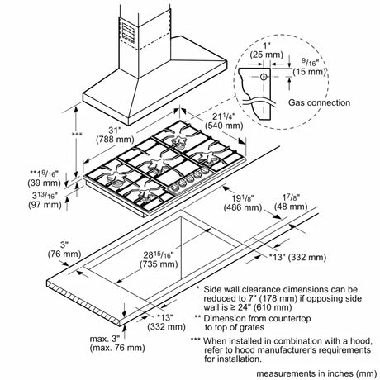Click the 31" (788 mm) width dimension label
(115, 135)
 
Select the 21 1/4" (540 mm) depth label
(224, 121)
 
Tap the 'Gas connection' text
(319, 102)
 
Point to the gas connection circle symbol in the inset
(264, 77)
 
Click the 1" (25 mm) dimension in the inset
(266, 50)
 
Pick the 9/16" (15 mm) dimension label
(309, 67)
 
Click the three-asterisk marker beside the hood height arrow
(77, 135)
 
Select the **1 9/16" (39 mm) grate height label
(44, 178)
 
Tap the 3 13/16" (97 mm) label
(45, 200)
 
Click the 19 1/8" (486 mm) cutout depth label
(243, 202)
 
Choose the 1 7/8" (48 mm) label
(291, 202)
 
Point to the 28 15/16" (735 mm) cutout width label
(159, 259)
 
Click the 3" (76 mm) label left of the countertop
(64, 249)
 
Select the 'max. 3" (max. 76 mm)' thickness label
(117, 343)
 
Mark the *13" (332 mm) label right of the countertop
(297, 257)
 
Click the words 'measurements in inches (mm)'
(316, 373)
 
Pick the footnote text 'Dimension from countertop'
(257, 318)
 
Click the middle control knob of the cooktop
(190, 179)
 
